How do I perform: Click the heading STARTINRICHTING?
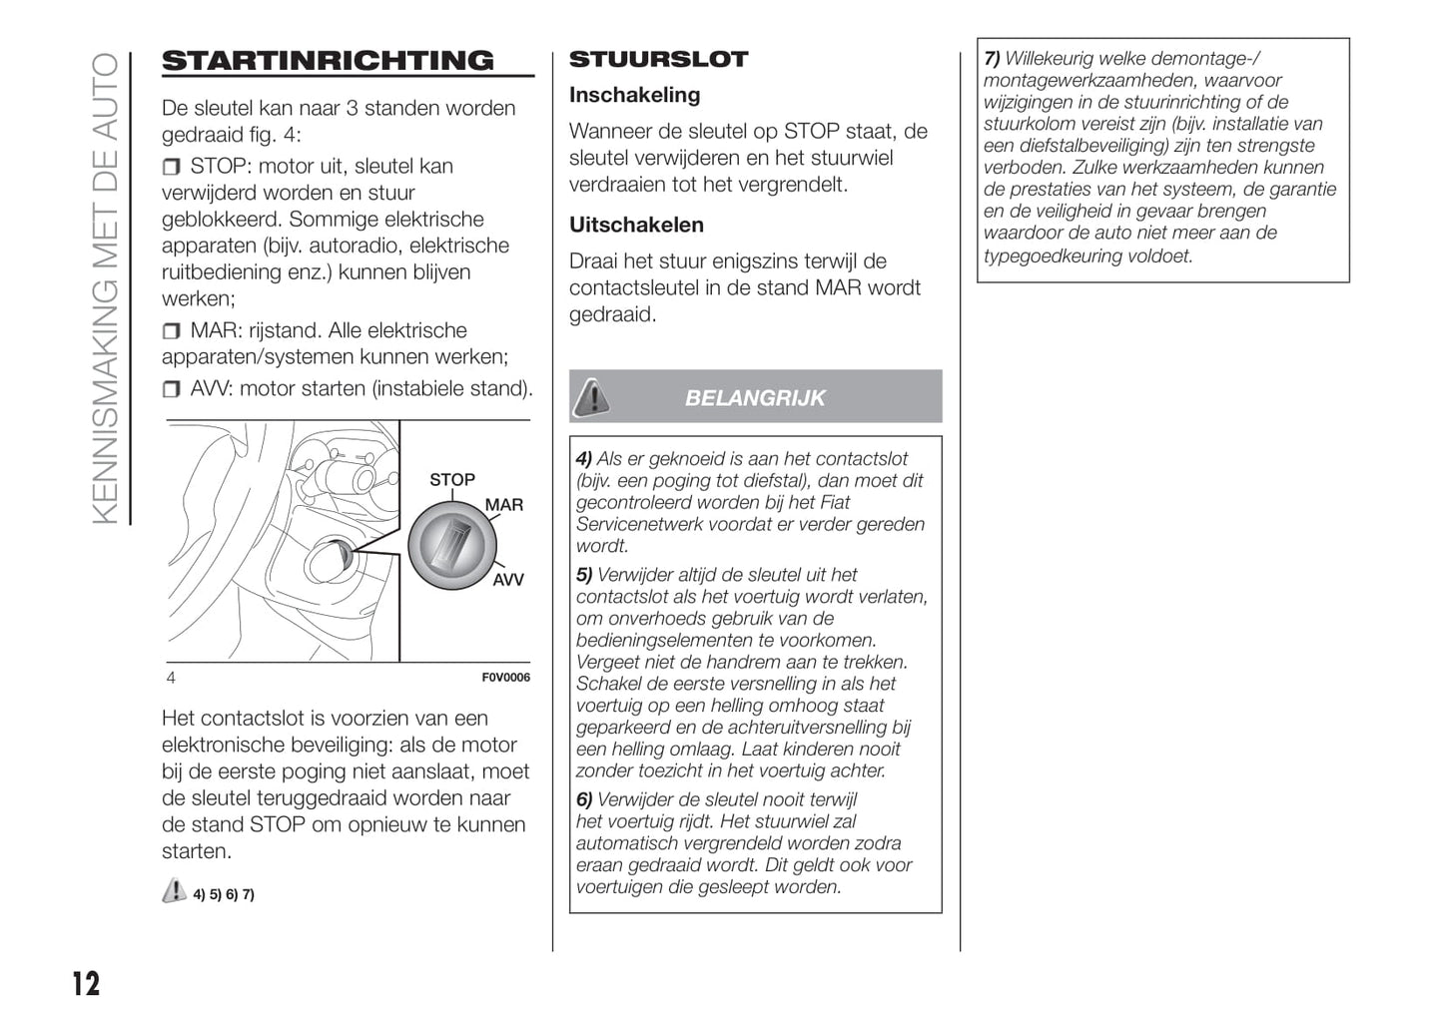(x=328, y=61)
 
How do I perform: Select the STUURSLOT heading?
(x=658, y=60)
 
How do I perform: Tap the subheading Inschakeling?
(x=634, y=96)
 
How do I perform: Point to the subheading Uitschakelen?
(x=636, y=226)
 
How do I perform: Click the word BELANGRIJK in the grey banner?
(x=755, y=398)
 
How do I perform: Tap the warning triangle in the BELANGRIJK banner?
(x=592, y=397)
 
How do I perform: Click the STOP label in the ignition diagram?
(x=452, y=480)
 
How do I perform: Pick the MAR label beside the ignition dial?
(x=504, y=505)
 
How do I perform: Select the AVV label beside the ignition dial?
(x=507, y=580)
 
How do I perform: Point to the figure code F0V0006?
(x=506, y=678)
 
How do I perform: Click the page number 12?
(x=86, y=984)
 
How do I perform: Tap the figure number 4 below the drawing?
(x=171, y=679)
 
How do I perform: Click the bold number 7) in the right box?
(x=992, y=59)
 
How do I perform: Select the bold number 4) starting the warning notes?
(x=584, y=459)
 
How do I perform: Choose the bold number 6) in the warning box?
(x=584, y=800)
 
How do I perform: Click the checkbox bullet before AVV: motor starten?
(x=172, y=389)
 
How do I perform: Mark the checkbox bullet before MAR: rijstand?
(x=172, y=331)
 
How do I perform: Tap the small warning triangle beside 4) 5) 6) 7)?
(x=174, y=891)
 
